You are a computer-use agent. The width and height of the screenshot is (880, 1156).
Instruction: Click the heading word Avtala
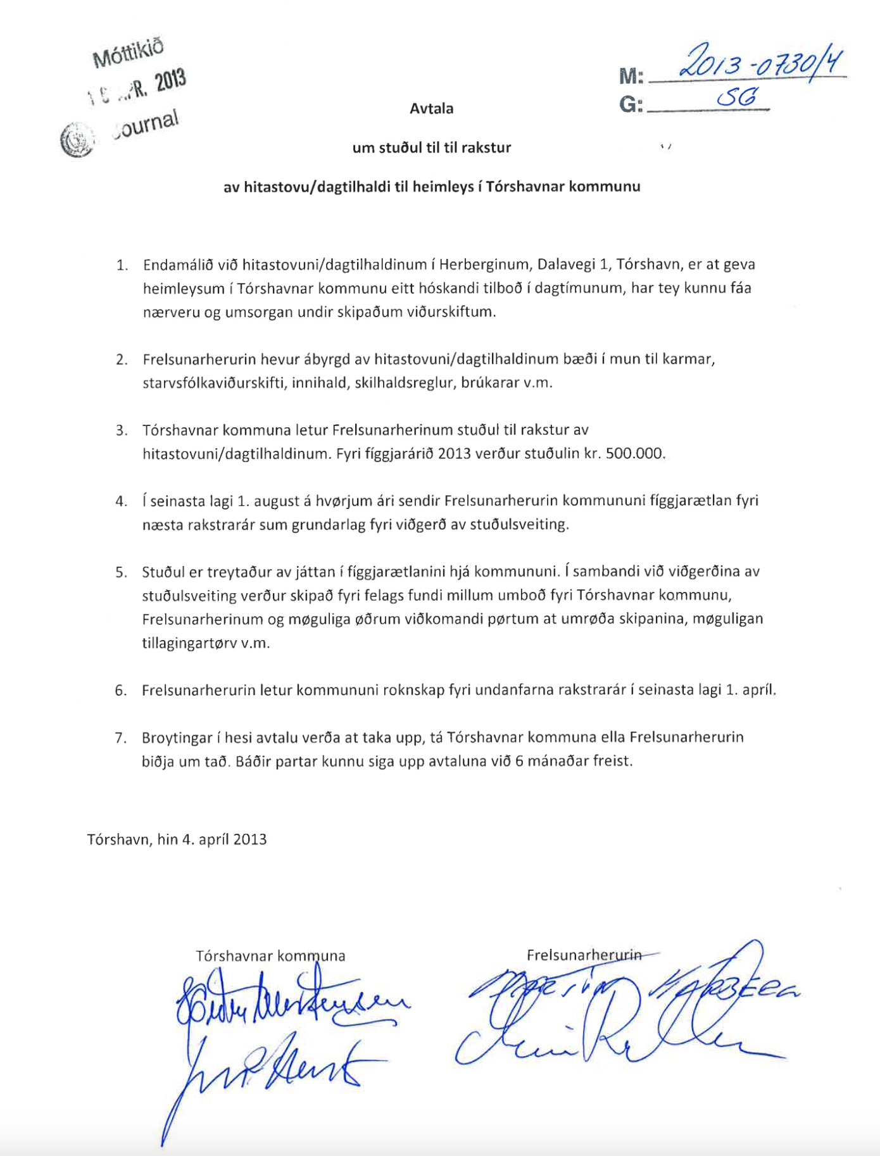(431, 108)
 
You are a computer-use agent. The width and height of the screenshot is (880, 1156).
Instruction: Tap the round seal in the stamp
(76, 138)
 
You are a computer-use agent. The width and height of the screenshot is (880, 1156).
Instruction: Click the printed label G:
(631, 104)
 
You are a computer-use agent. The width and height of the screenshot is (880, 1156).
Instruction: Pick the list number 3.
(121, 430)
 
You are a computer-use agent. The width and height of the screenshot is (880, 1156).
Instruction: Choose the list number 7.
(120, 738)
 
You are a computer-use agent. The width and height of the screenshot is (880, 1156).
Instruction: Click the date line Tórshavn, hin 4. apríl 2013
(177, 839)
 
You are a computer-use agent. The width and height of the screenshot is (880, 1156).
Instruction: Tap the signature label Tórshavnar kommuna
(270, 955)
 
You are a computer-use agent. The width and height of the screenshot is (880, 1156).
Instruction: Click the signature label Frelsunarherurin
(584, 954)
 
